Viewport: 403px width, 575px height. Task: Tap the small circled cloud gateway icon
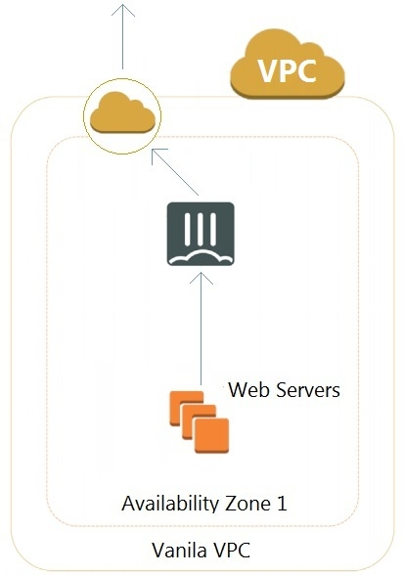click(x=122, y=115)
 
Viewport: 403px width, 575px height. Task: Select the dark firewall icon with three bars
click(x=201, y=234)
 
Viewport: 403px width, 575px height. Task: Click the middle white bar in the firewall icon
click(x=201, y=229)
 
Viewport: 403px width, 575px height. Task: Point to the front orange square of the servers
click(x=211, y=435)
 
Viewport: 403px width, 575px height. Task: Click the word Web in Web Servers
click(x=249, y=389)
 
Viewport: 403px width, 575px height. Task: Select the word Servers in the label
click(x=308, y=389)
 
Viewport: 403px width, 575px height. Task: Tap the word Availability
click(x=170, y=503)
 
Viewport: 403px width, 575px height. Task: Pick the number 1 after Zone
click(x=282, y=504)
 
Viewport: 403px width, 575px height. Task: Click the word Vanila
click(x=179, y=550)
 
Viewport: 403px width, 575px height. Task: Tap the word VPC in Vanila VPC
click(x=232, y=550)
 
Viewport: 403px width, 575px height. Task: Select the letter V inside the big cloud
click(x=268, y=70)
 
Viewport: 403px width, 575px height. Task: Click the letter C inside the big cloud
click(x=306, y=70)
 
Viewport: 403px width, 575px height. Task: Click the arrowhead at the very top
click(x=123, y=9)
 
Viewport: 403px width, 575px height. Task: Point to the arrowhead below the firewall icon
click(x=201, y=278)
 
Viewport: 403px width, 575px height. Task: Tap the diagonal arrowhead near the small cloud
click(x=157, y=155)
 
